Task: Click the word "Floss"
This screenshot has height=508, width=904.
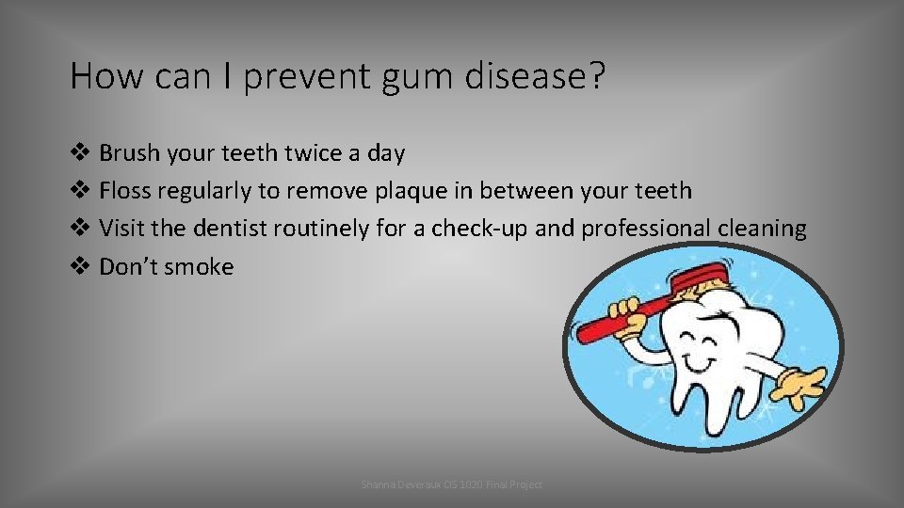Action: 125,191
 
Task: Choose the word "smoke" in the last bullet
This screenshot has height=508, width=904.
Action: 200,267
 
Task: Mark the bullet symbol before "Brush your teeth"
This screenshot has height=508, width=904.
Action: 80,152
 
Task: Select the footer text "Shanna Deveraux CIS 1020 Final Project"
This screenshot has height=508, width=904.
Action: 452,484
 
